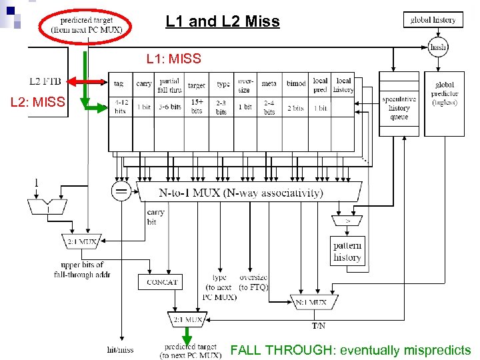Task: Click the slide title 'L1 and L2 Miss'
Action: coord(223,22)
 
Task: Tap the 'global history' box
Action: coord(433,20)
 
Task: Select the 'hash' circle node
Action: coord(438,47)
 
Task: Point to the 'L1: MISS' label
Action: coord(173,59)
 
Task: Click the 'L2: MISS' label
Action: coord(37,102)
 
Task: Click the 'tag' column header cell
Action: coord(119,85)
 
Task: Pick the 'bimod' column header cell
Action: coord(296,85)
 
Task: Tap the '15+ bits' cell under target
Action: coord(197,107)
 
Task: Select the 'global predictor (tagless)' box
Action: coord(444,94)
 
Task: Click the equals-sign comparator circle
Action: coord(121,192)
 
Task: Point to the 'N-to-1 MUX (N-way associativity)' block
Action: coord(249,193)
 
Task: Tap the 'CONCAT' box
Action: coord(162,282)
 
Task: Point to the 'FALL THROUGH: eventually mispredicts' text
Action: coord(350,350)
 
